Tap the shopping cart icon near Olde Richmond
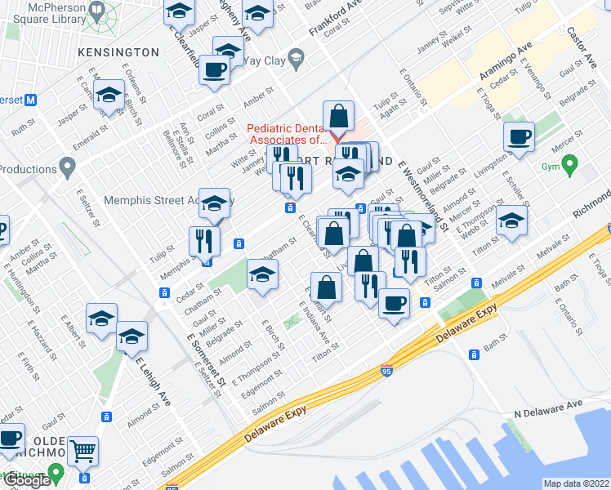[x=83, y=450]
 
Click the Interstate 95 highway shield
[x=386, y=372]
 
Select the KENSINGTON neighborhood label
[x=118, y=52]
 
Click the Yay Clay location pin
[x=297, y=59]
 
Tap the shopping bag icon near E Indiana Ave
[x=326, y=287]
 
